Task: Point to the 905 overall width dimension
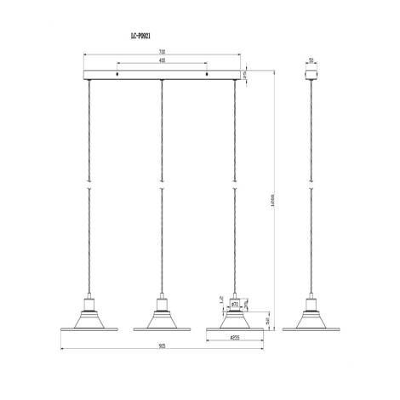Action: [x=161, y=348]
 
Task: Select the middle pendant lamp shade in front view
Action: [x=161, y=323]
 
